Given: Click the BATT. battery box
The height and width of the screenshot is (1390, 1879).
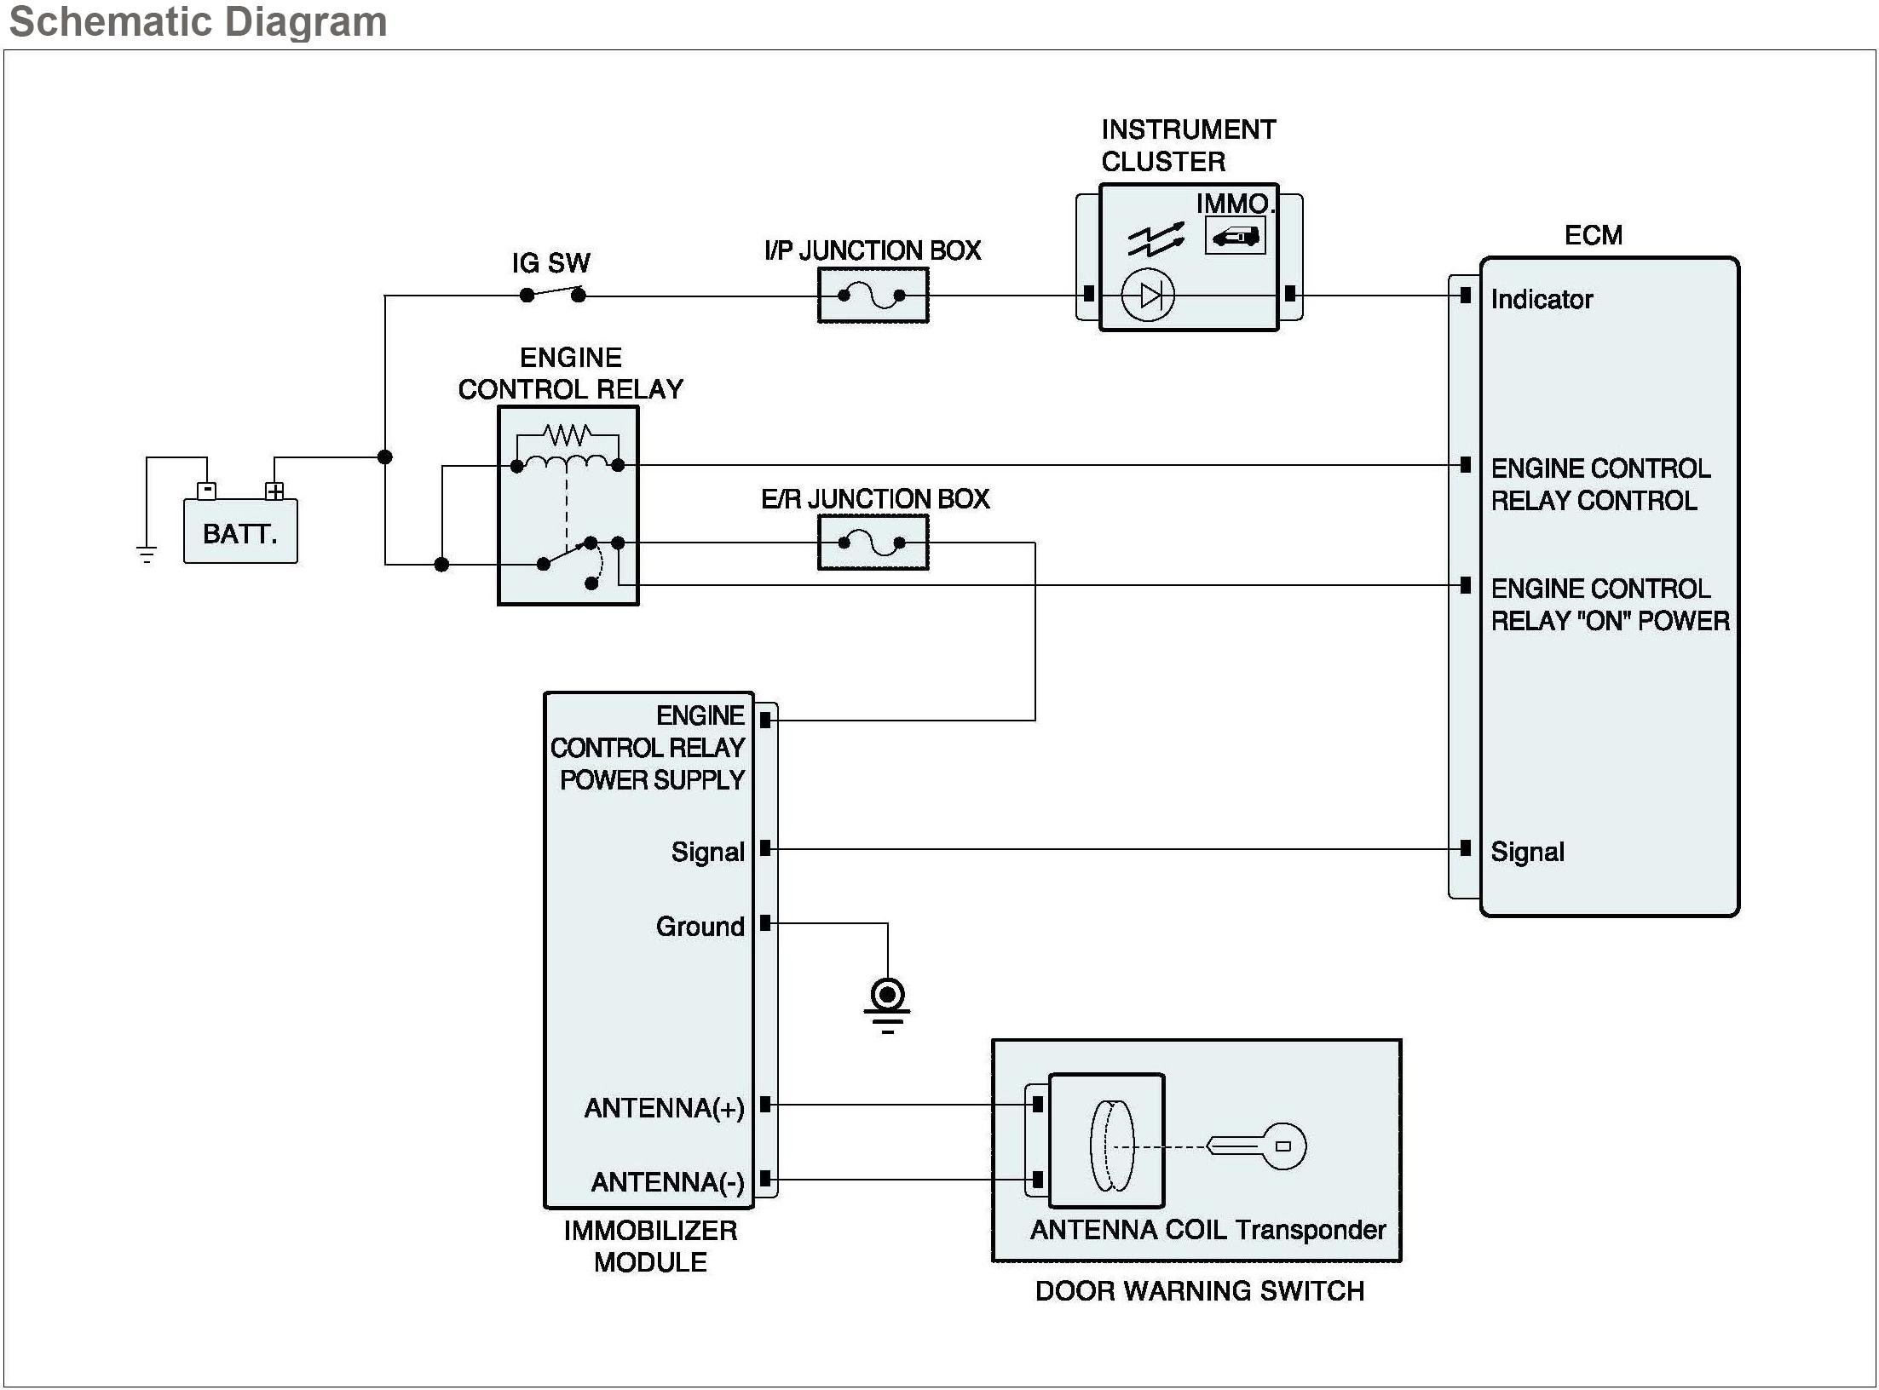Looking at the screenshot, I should [240, 531].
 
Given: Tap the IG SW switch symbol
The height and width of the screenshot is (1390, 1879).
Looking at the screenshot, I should [552, 294].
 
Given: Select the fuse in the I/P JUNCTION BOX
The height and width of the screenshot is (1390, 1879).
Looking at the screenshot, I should [872, 296].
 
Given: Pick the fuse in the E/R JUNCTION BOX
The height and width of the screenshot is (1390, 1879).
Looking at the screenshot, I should [872, 543].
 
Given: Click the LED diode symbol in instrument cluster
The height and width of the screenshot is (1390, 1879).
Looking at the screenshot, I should [1148, 296].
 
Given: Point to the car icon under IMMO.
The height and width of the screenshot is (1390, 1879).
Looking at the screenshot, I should [1235, 236].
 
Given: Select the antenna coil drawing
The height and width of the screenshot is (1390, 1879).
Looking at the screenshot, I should [1111, 1146].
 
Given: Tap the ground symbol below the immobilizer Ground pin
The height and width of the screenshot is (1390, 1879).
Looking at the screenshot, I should [887, 1005].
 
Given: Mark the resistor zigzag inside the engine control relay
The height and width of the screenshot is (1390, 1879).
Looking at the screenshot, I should [568, 435].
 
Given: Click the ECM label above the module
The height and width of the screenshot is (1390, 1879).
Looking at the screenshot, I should [1593, 235].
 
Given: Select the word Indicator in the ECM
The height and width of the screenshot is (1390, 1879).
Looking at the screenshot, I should [1541, 299].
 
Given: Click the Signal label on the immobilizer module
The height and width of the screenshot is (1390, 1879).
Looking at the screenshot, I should [707, 852].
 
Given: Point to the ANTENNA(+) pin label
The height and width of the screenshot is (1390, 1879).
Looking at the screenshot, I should [664, 1108].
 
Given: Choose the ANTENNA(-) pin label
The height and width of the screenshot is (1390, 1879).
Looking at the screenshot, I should [667, 1182].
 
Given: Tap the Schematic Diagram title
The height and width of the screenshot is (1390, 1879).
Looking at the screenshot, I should [198, 21].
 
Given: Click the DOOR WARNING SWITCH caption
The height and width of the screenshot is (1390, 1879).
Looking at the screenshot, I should [1199, 1291].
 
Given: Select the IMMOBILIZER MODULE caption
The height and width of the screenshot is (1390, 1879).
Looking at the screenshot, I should [650, 1246].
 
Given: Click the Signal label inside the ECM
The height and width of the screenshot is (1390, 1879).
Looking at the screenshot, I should [1527, 852].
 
